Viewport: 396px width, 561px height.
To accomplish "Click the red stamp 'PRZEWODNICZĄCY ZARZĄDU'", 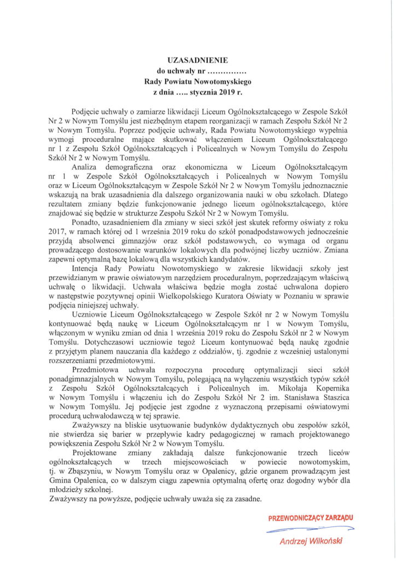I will tap(311, 518).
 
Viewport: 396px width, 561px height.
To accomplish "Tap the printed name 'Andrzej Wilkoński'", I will tap(311, 542).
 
